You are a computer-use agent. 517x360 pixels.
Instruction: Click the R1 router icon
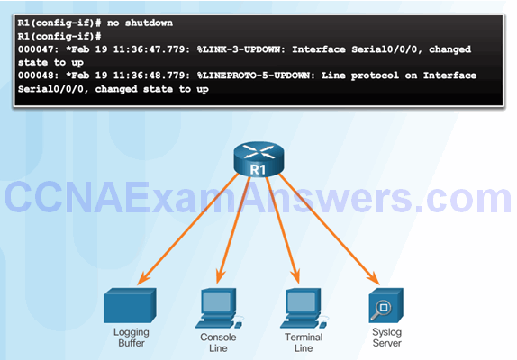[x=258, y=159]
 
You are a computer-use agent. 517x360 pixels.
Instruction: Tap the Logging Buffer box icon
[x=130, y=305]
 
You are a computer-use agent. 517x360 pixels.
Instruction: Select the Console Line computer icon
[x=219, y=309]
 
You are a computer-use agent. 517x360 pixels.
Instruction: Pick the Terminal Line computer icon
[x=304, y=309]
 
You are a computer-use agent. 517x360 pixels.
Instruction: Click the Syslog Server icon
[x=385, y=306]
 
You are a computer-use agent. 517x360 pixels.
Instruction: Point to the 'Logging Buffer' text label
[x=132, y=337]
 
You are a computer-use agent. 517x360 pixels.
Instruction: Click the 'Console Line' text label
[x=218, y=343]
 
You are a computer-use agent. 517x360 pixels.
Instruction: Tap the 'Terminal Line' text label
[x=304, y=343]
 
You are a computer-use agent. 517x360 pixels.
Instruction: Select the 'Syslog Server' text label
[x=386, y=337]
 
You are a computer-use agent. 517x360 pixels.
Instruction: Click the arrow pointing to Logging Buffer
[x=188, y=229]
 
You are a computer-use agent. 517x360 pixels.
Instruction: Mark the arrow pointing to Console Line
[x=233, y=229]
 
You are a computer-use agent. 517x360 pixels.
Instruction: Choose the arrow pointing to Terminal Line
[x=283, y=229]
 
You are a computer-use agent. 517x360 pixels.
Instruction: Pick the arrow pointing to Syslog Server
[x=329, y=229]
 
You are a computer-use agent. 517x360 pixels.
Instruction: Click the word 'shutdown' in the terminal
[x=149, y=22]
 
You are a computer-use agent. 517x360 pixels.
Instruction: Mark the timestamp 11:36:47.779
[x=151, y=49]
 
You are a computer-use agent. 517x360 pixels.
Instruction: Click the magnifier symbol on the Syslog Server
[x=381, y=310]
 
